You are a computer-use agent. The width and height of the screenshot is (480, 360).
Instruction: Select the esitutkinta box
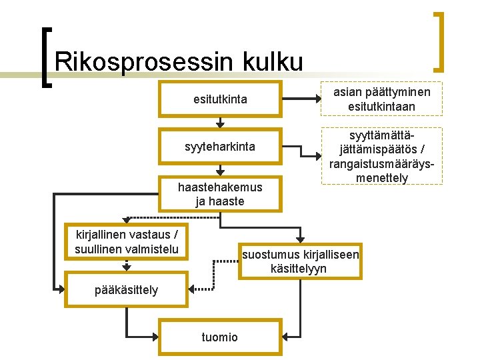[220, 100]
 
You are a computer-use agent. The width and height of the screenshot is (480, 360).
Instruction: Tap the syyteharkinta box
[220, 146]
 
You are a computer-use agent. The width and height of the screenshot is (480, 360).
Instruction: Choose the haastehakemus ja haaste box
[220, 194]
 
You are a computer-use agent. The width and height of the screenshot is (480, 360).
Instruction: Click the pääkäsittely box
[126, 289]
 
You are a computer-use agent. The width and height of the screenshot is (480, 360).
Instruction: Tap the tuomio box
[220, 337]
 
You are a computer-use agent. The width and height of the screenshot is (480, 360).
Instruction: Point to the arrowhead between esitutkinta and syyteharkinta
[220, 124]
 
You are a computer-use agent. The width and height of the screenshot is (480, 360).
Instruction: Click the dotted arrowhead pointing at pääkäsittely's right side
[191, 289]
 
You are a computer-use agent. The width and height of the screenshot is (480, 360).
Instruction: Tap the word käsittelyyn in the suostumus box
[299, 269]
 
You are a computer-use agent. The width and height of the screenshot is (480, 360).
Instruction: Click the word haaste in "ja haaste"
[227, 201]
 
